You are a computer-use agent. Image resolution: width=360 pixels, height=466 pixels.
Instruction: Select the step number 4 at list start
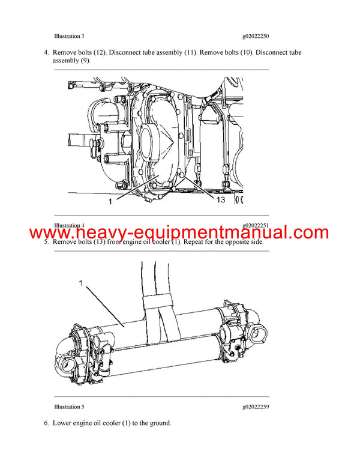tap(46, 53)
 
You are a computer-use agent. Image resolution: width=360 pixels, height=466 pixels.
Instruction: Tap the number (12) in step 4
tap(100, 53)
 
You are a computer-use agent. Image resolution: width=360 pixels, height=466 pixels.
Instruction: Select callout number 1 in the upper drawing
tap(110, 202)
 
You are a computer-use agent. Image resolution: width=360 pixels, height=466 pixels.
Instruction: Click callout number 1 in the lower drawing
tap(79, 281)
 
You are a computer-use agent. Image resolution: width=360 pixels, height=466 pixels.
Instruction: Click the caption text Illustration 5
tap(69, 407)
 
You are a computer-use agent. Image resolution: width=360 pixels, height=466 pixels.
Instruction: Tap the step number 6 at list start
tap(46, 423)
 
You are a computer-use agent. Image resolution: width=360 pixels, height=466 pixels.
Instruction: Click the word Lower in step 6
tap(64, 423)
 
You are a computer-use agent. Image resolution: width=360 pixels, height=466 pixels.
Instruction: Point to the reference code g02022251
tap(256, 226)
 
